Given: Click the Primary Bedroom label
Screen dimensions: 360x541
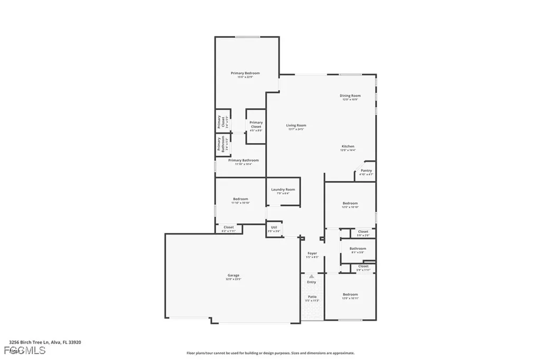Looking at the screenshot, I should pos(245,73).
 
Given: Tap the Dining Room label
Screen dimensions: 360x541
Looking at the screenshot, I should pos(350,96).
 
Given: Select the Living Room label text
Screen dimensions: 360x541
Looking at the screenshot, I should pos(296,126).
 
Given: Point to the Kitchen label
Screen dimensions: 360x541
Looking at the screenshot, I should pos(348,146).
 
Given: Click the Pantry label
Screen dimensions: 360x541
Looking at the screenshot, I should pos(366,170).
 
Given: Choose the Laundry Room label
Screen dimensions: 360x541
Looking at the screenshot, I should pos(283,190).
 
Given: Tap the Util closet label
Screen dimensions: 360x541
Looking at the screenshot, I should pos(274,228).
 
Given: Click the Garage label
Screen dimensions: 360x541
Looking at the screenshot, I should pos(234,275).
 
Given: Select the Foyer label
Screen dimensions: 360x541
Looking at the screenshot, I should pos(312,253).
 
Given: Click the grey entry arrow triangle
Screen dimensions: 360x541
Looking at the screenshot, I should pos(312,276).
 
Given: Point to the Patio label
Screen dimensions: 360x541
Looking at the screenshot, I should pos(312,297).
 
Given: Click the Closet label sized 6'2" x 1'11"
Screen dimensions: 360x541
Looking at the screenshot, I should pos(228,227).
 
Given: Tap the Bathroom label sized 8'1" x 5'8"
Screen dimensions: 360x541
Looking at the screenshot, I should pos(358,248).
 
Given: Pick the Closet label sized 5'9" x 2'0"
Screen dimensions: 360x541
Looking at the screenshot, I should pos(363,231).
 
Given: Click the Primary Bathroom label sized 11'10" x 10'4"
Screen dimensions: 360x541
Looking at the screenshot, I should pos(244,160).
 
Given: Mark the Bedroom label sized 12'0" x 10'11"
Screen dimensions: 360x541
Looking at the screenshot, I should pos(350,295).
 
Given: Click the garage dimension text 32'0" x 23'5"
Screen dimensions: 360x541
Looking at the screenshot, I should pos(234,279).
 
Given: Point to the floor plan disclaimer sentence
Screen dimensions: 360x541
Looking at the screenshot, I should pos(270,353).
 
